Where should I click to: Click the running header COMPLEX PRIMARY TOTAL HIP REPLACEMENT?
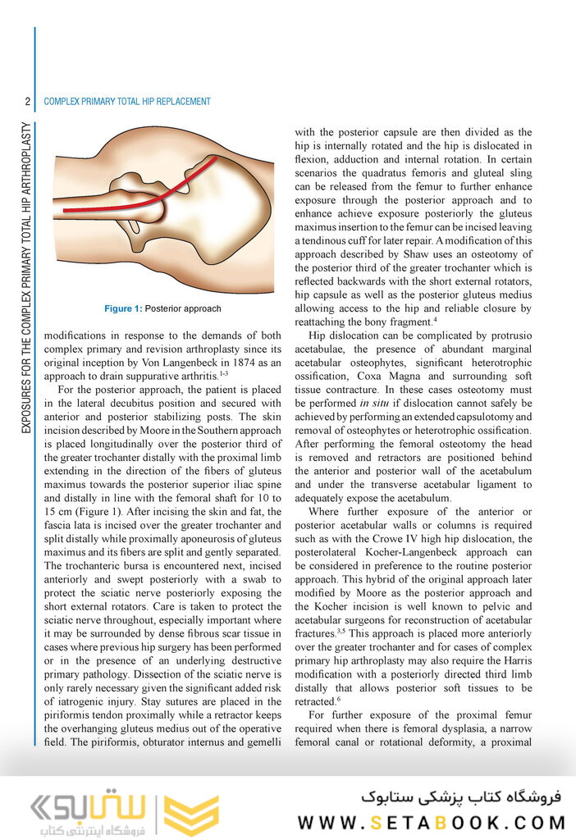[x=127, y=102]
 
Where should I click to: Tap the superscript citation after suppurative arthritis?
[x=222, y=372]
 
